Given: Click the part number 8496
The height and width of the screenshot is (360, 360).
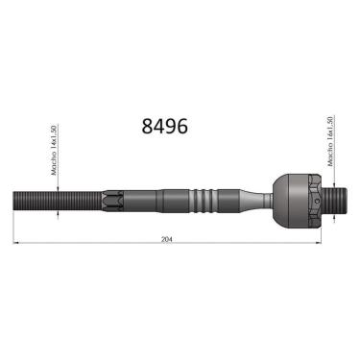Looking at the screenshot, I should pyautogui.click(x=164, y=125).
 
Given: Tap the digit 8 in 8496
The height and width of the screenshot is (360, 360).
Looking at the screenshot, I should pyautogui.click(x=147, y=125).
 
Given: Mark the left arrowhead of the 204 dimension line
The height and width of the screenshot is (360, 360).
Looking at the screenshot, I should pyautogui.click(x=15, y=241).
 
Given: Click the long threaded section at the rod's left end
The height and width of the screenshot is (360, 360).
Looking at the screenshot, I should pyautogui.click(x=53, y=200).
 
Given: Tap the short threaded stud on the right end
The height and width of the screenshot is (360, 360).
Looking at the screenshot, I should pyautogui.click(x=333, y=200).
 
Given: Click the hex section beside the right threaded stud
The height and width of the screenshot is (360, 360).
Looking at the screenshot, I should pyautogui.click(x=313, y=200).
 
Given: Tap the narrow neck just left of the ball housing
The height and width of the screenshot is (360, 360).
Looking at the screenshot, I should pyautogui.click(x=254, y=200).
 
